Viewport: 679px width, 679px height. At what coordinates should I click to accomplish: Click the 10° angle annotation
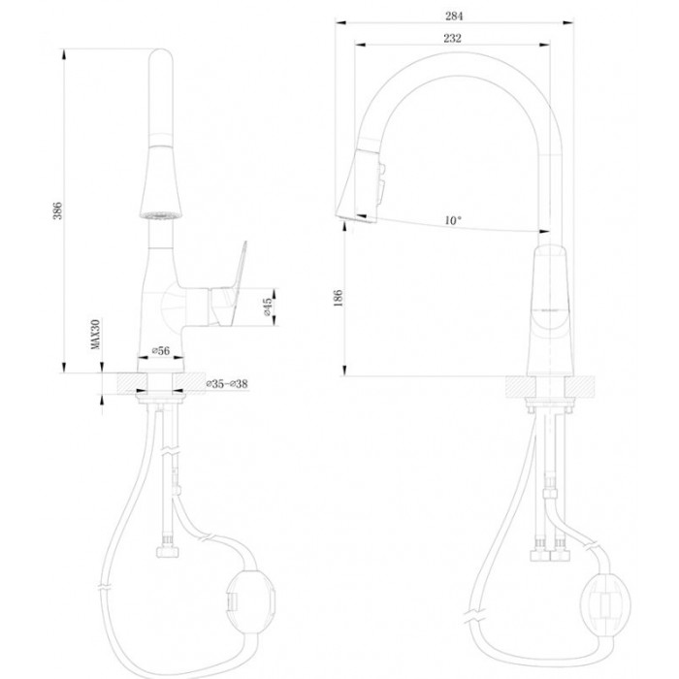coord(452,221)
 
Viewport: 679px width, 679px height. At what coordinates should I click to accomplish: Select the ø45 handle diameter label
coord(269,307)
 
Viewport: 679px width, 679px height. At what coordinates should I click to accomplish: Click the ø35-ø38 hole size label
coord(227,385)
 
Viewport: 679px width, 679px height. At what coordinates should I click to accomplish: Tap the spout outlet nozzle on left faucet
coord(161,211)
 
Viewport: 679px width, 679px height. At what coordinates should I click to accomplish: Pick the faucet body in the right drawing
coord(555,310)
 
